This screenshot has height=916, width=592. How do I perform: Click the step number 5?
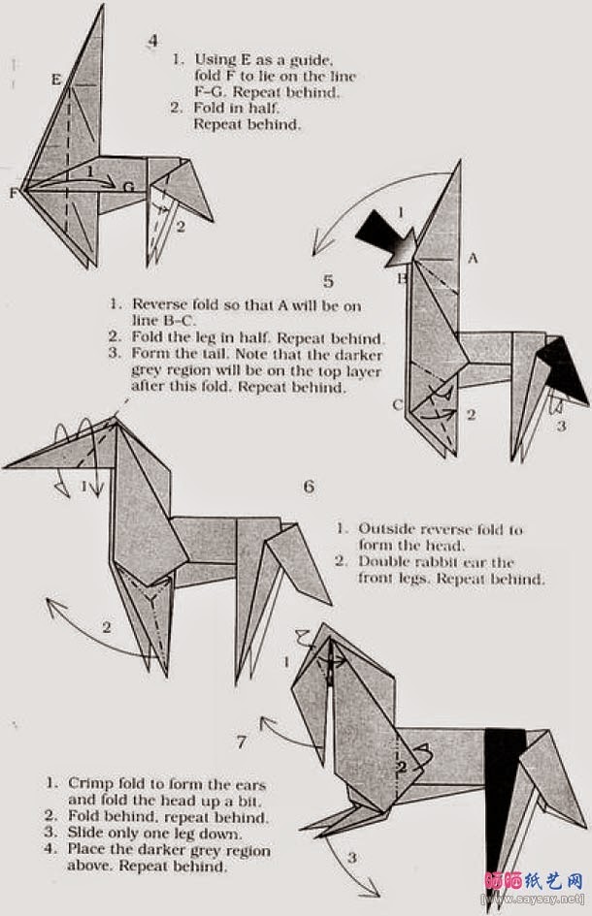pos(328,282)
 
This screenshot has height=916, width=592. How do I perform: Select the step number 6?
pos(309,486)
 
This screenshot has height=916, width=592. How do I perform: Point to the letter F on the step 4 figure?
pos(14,192)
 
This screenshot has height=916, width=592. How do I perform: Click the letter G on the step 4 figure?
pos(128,185)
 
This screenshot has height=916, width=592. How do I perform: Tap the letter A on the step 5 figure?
pos(473,258)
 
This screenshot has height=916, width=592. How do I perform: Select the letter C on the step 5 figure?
pos(398,405)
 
